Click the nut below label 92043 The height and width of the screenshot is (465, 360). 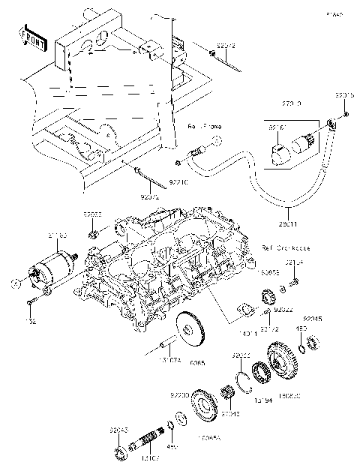click(x=118, y=452)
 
